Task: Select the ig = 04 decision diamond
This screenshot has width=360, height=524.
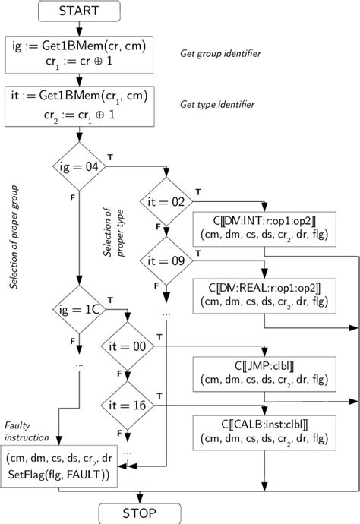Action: click(79, 164)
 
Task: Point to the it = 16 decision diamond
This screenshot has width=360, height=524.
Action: click(127, 406)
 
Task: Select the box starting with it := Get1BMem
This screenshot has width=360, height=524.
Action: click(79, 106)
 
